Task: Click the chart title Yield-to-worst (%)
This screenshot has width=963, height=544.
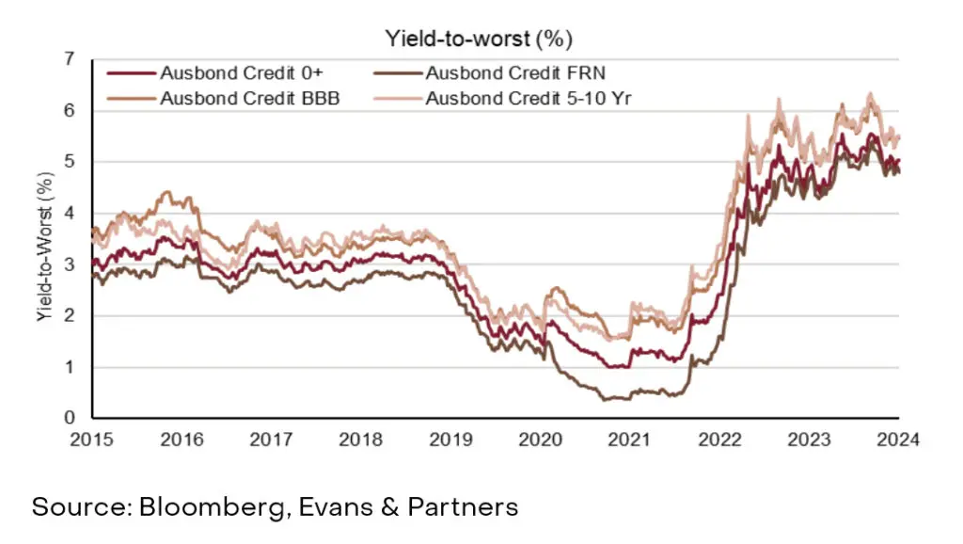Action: tap(479, 39)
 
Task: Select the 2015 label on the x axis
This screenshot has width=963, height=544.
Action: tap(92, 440)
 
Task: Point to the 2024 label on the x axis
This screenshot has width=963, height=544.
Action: tap(899, 440)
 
